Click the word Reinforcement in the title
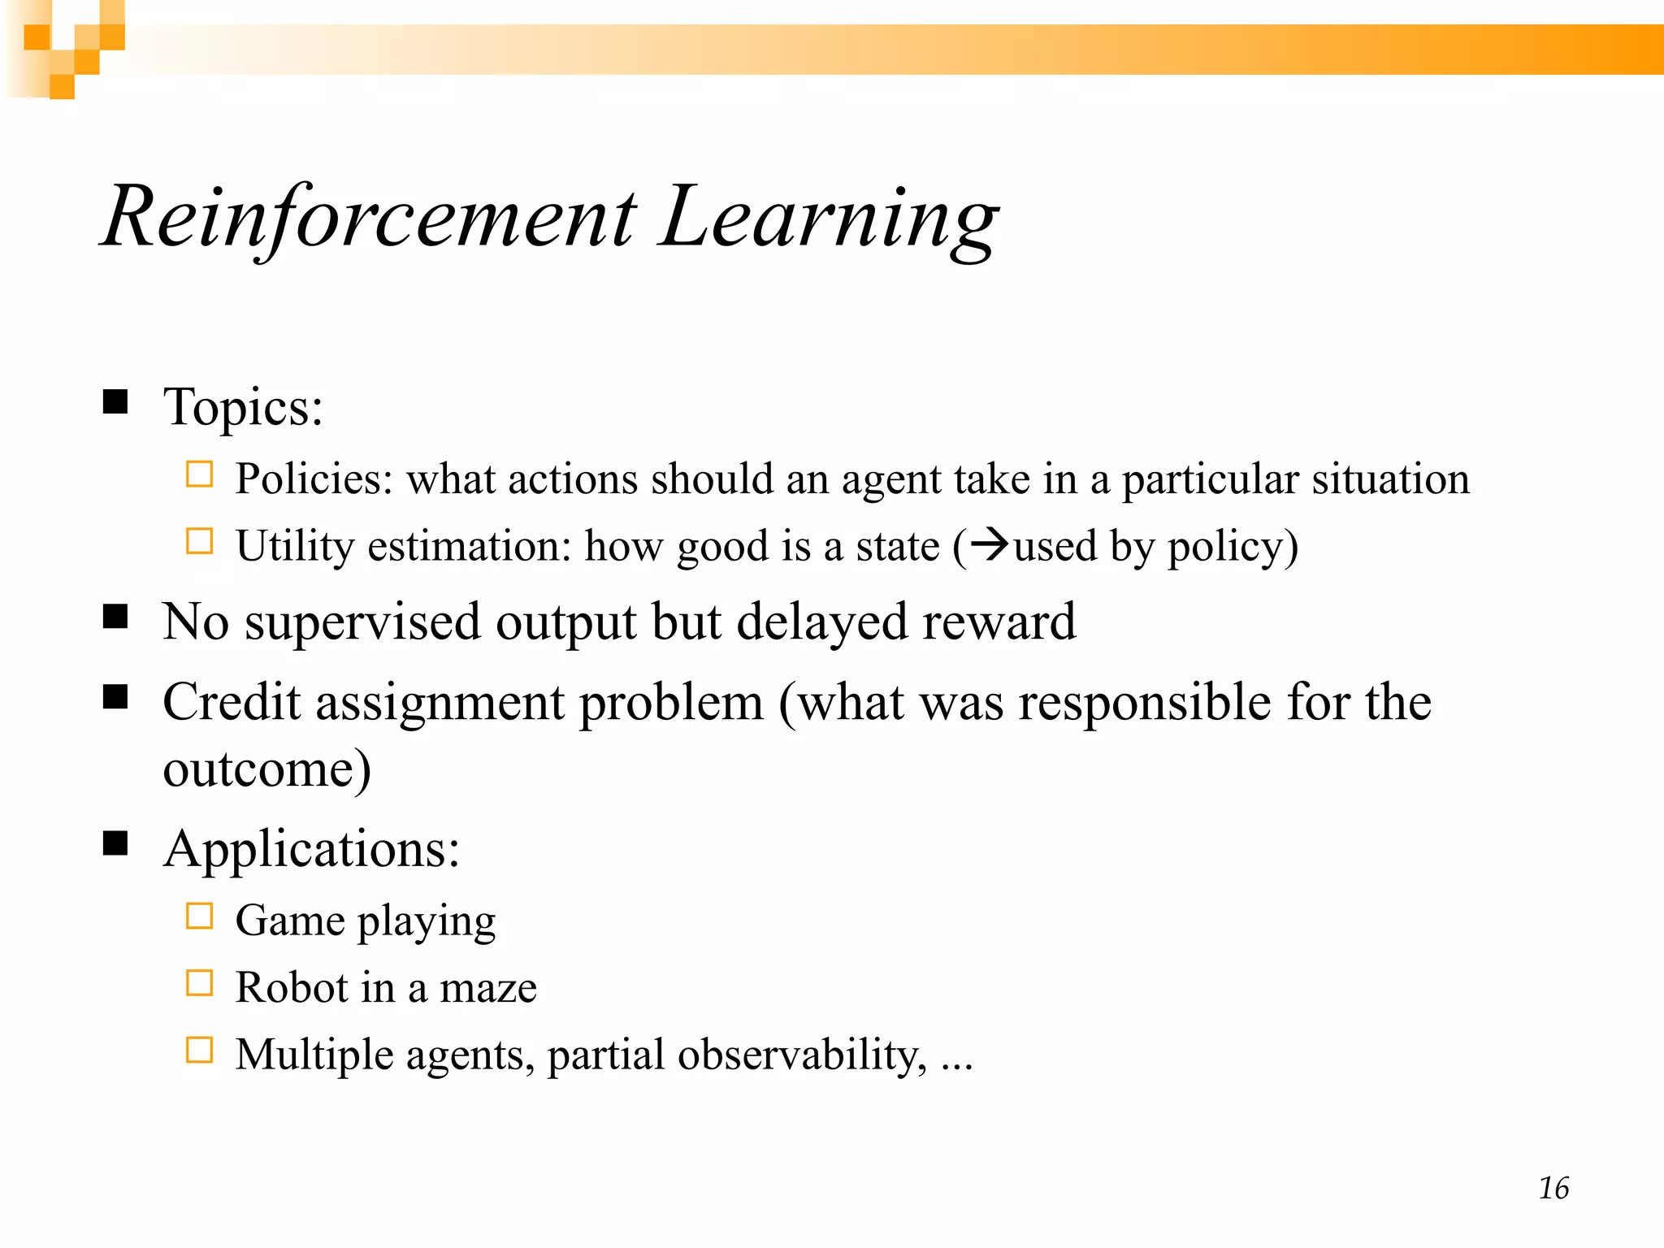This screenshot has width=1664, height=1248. click(370, 218)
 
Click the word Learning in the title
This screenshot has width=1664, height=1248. click(829, 218)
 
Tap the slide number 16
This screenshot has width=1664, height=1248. click(1553, 1188)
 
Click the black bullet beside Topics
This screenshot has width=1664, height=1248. click(115, 401)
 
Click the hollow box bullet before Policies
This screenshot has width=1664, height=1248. click(199, 474)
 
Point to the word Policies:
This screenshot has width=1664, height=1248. click(314, 479)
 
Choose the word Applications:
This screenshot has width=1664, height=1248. click(312, 850)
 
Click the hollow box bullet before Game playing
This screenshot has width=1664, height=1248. click(199, 916)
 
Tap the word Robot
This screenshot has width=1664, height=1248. click(292, 988)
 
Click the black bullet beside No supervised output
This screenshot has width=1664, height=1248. click(115, 617)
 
